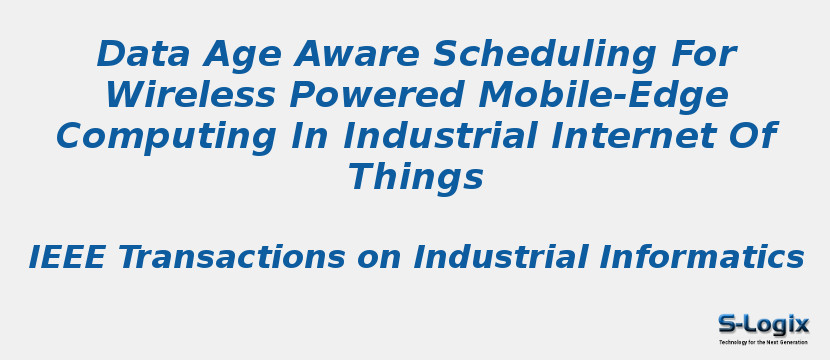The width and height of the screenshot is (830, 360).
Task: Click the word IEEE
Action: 67,258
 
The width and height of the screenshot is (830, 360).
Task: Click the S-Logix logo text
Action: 763,324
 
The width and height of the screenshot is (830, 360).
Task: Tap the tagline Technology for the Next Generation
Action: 763,342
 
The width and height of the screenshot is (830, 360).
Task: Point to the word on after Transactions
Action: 379,258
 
